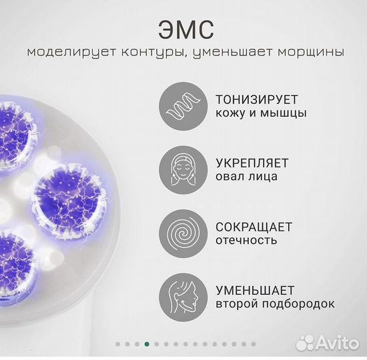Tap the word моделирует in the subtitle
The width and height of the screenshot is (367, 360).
(61, 52)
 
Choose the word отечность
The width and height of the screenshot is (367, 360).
(246, 240)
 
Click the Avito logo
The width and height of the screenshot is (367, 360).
(326, 343)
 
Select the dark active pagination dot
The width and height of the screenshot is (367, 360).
(146, 344)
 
